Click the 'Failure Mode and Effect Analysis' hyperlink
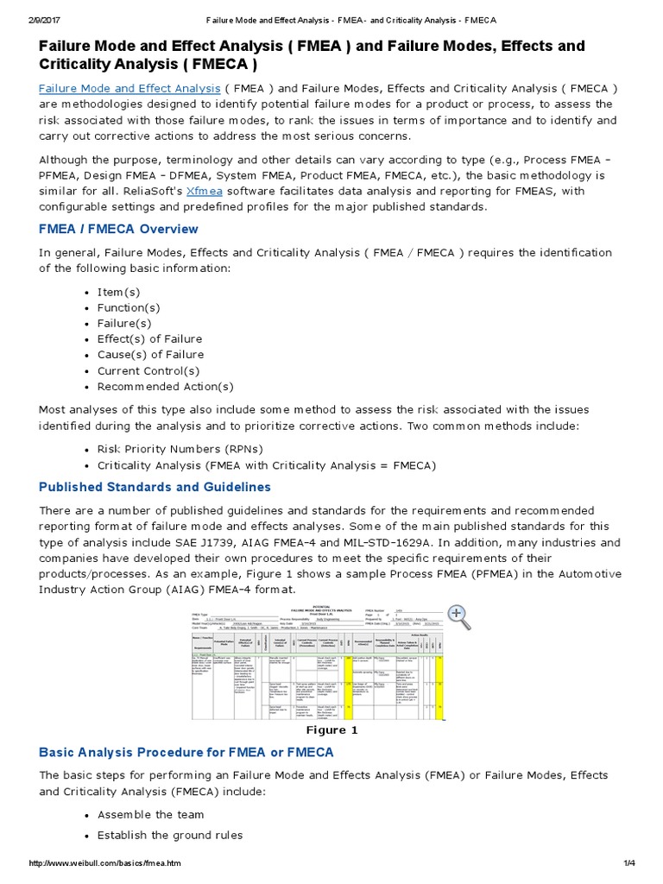[129, 88]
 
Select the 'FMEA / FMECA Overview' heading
[118, 229]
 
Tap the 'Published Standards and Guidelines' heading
[155, 487]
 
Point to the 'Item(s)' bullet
[118, 292]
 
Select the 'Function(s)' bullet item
[129, 307]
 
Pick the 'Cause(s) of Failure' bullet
[150, 355]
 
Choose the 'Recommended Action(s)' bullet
[165, 386]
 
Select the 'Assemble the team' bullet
[150, 814]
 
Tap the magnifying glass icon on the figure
[458, 616]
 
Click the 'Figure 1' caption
[328, 729]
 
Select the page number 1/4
[628, 863]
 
